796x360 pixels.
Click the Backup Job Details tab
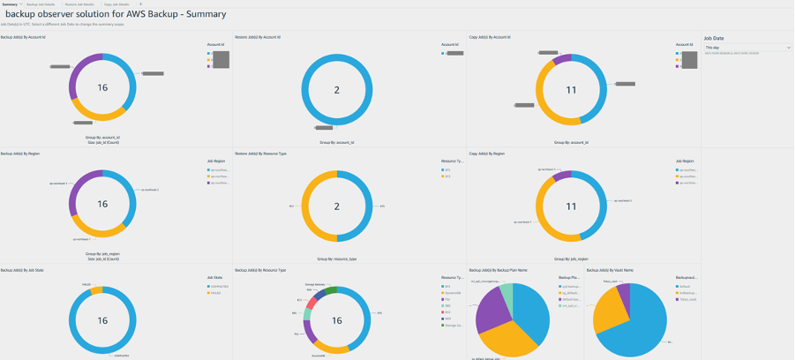[41, 4]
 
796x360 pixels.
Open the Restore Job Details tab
[80, 4]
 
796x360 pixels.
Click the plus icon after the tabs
[141, 4]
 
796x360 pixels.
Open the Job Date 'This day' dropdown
[747, 48]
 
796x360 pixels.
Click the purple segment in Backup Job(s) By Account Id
[79, 64]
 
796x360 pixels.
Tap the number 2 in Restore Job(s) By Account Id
[336, 91]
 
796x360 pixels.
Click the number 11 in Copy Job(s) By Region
[571, 206]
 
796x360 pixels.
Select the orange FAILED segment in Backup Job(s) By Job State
[96, 290]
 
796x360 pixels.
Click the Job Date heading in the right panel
[714, 39]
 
